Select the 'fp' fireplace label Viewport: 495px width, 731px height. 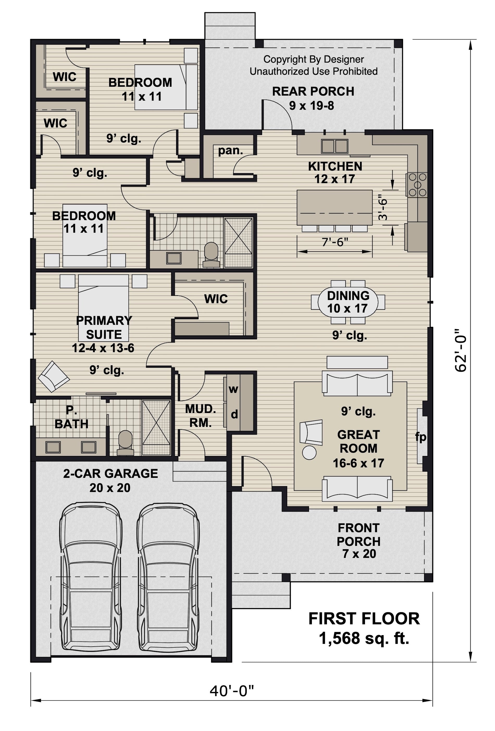tap(421, 437)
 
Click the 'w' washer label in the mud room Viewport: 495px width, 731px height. tap(233, 389)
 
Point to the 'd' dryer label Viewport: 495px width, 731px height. tap(234, 415)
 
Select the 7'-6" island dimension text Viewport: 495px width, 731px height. tap(335, 242)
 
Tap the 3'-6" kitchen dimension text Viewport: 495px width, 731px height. tap(383, 209)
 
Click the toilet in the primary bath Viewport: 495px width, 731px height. tap(125, 442)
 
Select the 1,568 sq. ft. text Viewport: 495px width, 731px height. tap(364, 639)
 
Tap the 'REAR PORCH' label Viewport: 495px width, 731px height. tap(313, 91)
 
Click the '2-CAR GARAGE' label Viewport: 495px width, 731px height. tap(110, 474)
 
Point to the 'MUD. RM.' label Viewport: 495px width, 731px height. tap(200, 416)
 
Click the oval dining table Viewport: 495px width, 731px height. tap(348, 302)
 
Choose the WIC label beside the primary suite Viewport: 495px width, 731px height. tap(216, 299)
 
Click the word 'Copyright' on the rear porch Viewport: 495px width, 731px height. tap(280, 59)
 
